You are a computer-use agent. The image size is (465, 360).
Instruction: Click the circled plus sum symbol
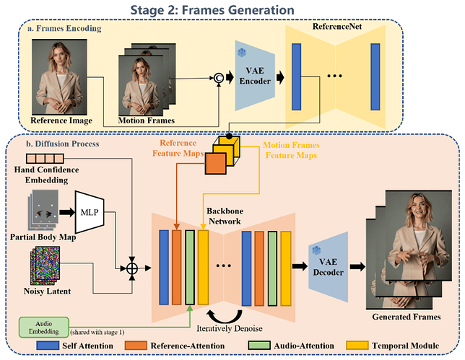pyautogui.click(x=133, y=268)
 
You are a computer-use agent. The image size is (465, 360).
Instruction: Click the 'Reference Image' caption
pyautogui.click(x=66, y=119)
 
